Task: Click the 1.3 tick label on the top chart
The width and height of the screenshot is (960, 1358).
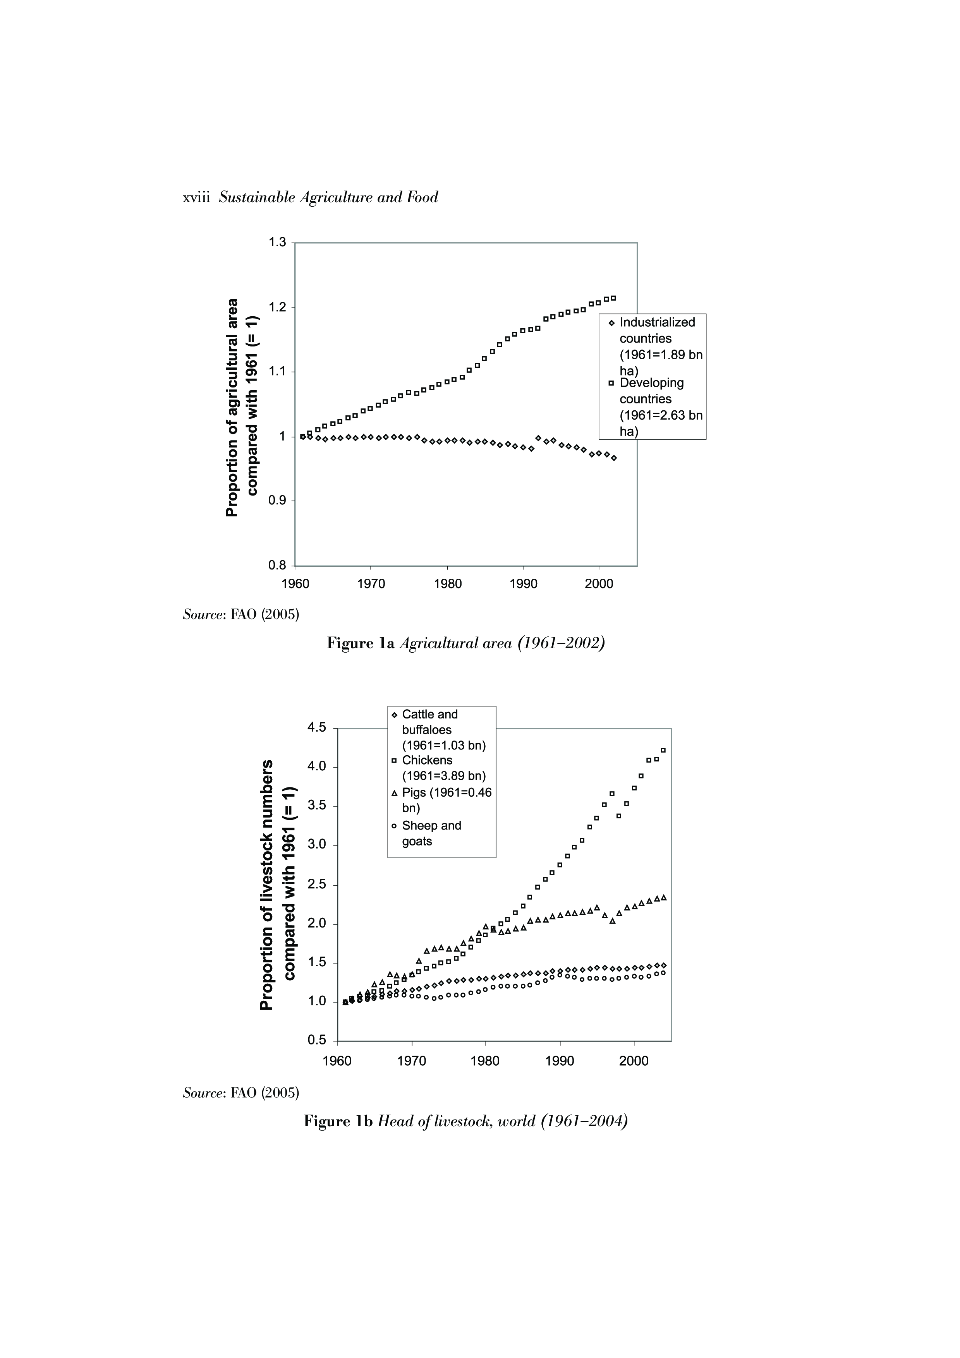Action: (277, 242)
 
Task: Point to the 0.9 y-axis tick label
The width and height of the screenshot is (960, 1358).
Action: (277, 501)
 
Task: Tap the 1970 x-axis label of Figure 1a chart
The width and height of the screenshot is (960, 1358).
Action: (371, 585)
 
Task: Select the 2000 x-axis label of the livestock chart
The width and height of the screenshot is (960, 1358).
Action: (634, 1061)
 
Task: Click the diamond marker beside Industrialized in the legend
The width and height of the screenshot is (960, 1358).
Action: (611, 323)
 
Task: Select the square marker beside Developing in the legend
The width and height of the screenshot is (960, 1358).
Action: (611, 383)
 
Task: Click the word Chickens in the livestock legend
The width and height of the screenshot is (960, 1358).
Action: (427, 761)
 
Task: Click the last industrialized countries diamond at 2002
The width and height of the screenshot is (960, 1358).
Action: (614, 458)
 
